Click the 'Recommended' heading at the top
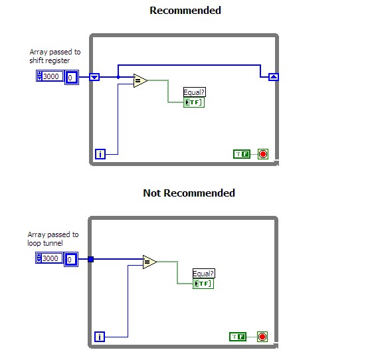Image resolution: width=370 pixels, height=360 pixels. (185, 11)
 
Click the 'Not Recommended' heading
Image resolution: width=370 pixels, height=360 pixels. (189, 193)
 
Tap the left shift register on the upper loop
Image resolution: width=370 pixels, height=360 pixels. (94, 77)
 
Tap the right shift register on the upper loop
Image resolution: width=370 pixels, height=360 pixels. (273, 77)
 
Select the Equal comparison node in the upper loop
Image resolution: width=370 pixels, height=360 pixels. (140, 81)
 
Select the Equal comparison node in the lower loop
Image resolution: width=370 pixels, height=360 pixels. (149, 262)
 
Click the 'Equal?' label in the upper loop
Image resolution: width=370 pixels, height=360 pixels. (195, 93)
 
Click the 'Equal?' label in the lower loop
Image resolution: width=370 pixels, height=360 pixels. (204, 274)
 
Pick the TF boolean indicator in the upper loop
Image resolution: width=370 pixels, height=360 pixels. (194, 102)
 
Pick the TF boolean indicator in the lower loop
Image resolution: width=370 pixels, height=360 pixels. (203, 284)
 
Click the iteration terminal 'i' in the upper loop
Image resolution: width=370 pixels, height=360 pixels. (100, 154)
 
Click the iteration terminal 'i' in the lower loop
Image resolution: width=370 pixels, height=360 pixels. (100, 336)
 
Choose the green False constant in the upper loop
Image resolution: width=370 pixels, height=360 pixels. (242, 154)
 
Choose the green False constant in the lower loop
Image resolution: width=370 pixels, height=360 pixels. (237, 337)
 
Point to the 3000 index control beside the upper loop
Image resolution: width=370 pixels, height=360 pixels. (49, 77)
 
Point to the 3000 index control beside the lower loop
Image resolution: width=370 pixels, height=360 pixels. (49, 258)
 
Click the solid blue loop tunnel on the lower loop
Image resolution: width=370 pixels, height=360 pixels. (91, 258)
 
